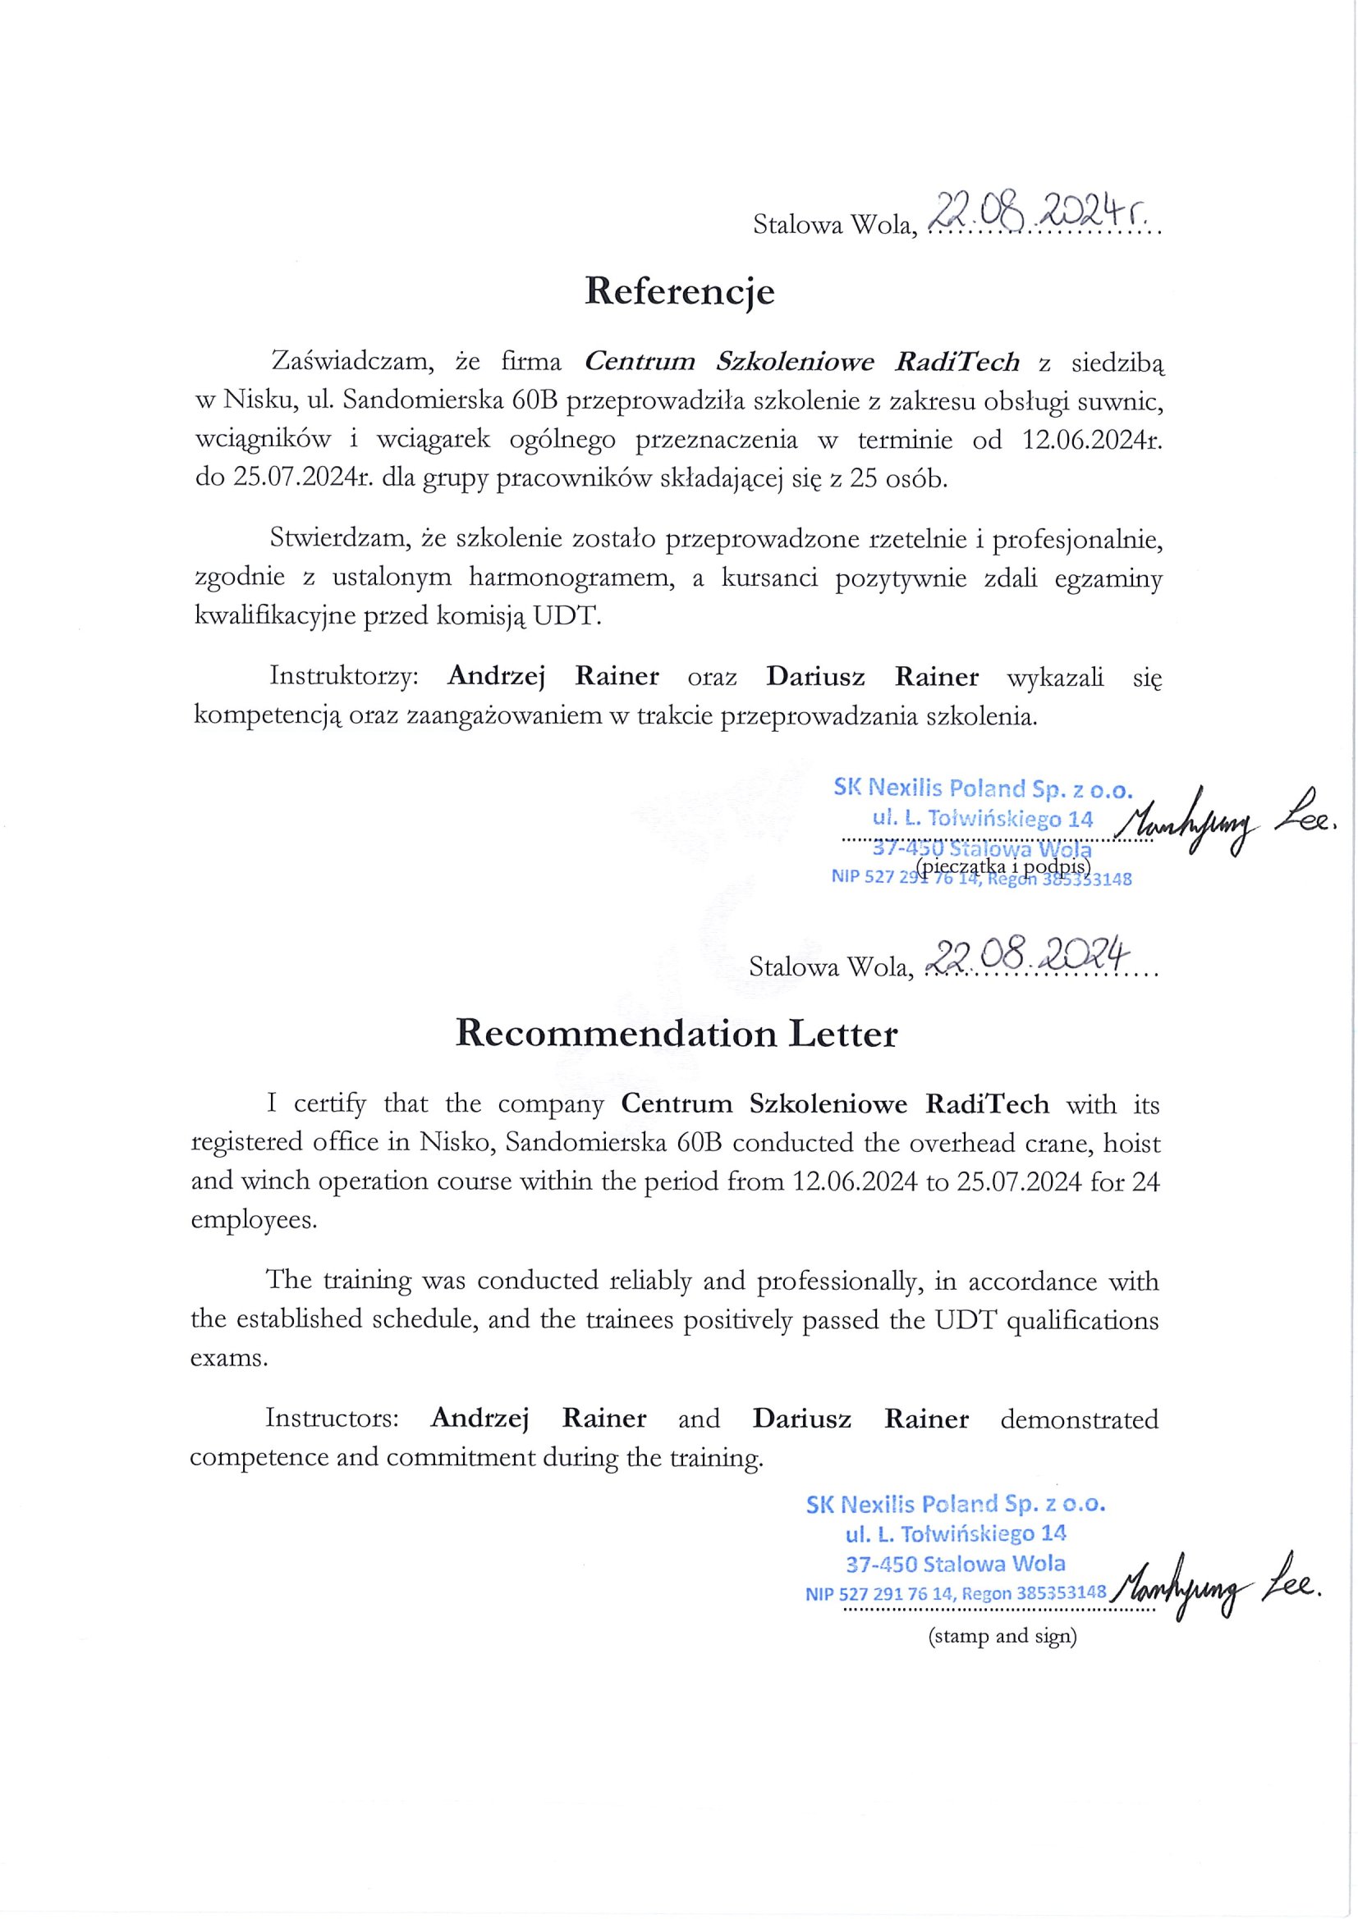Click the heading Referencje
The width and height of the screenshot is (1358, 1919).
click(679, 292)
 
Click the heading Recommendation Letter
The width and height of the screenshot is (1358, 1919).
click(676, 1035)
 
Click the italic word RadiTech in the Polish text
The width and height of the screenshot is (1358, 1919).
click(957, 362)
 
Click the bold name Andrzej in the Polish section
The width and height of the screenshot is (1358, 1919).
click(496, 676)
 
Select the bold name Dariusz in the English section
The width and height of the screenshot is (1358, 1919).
click(802, 1419)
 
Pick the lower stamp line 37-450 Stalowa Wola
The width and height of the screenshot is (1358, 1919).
click(956, 1563)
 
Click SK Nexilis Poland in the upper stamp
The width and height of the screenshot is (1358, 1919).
click(916, 788)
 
